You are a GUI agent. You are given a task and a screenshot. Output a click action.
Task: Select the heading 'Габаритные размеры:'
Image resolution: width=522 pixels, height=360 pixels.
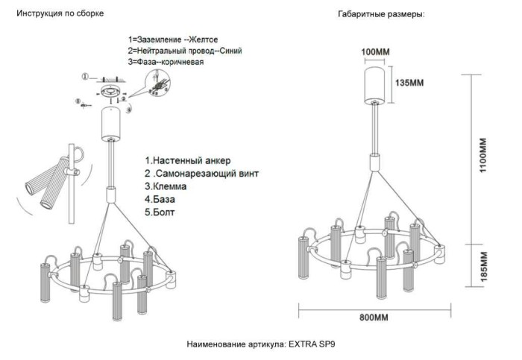[381, 14]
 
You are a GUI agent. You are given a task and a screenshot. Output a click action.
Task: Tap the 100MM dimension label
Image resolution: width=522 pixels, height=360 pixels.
[376, 51]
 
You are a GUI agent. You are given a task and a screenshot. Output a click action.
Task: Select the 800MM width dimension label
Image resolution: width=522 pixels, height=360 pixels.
[374, 318]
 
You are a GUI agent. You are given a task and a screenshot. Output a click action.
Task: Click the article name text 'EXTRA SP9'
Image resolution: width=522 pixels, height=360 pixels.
[318, 345]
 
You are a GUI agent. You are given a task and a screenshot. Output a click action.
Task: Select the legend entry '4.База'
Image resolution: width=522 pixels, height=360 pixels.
[163, 199]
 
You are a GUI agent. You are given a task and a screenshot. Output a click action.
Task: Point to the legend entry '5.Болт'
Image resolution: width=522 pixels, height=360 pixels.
[163, 212]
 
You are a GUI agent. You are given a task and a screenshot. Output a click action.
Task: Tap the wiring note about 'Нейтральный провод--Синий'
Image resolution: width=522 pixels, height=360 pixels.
[184, 50]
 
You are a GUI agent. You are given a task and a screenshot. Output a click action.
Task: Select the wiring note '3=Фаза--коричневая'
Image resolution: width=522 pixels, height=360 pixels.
[166, 62]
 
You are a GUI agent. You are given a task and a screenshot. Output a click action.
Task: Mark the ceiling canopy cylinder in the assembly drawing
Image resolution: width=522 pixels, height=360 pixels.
[113, 123]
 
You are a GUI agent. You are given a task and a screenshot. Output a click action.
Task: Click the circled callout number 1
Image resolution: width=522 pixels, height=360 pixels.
[85, 76]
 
